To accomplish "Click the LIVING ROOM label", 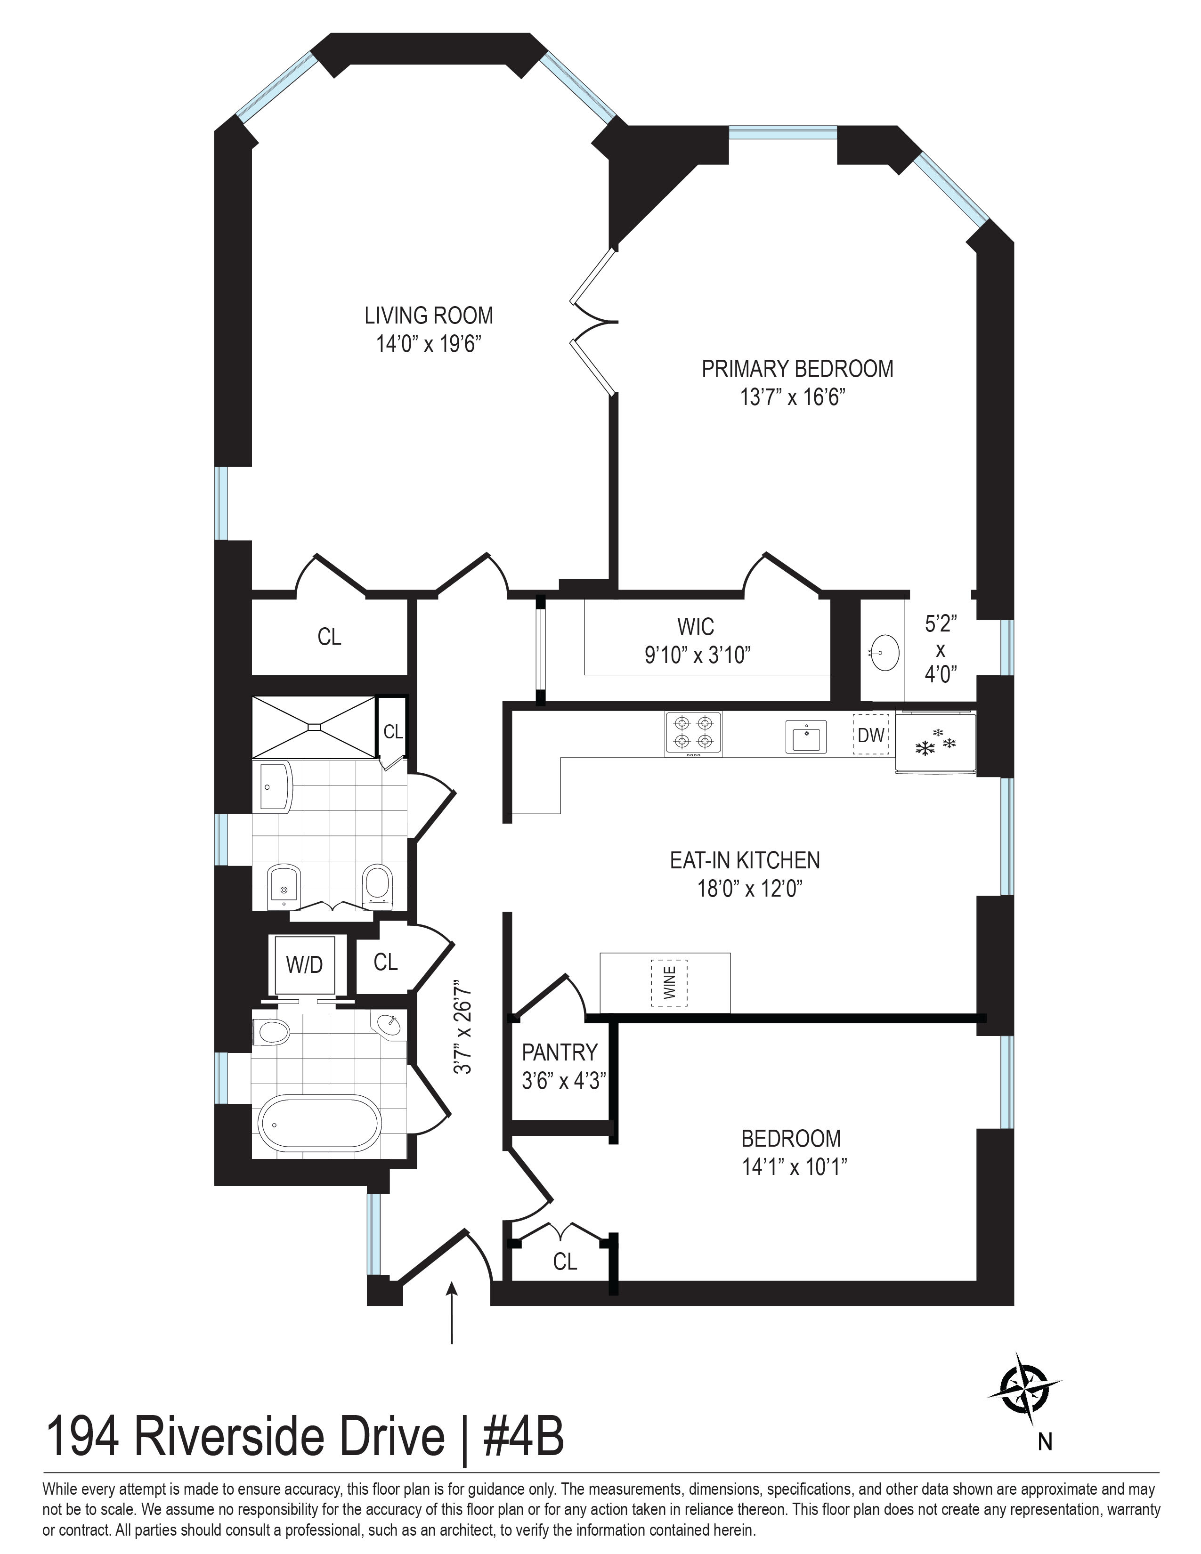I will point(428,315).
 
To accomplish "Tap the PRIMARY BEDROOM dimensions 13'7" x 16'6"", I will point(792,397).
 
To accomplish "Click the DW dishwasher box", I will point(871,735).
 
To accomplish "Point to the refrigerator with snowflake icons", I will point(935,744).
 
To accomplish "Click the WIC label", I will point(695,627).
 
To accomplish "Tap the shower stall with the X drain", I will point(313,727).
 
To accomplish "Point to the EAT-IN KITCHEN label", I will point(744,860).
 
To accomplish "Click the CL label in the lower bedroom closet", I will point(564,1262).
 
